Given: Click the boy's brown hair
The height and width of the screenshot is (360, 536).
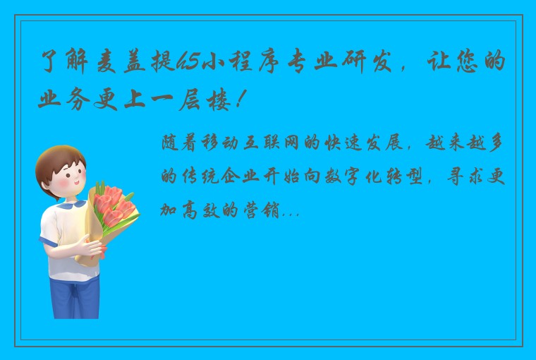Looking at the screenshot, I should pos(59,158).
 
